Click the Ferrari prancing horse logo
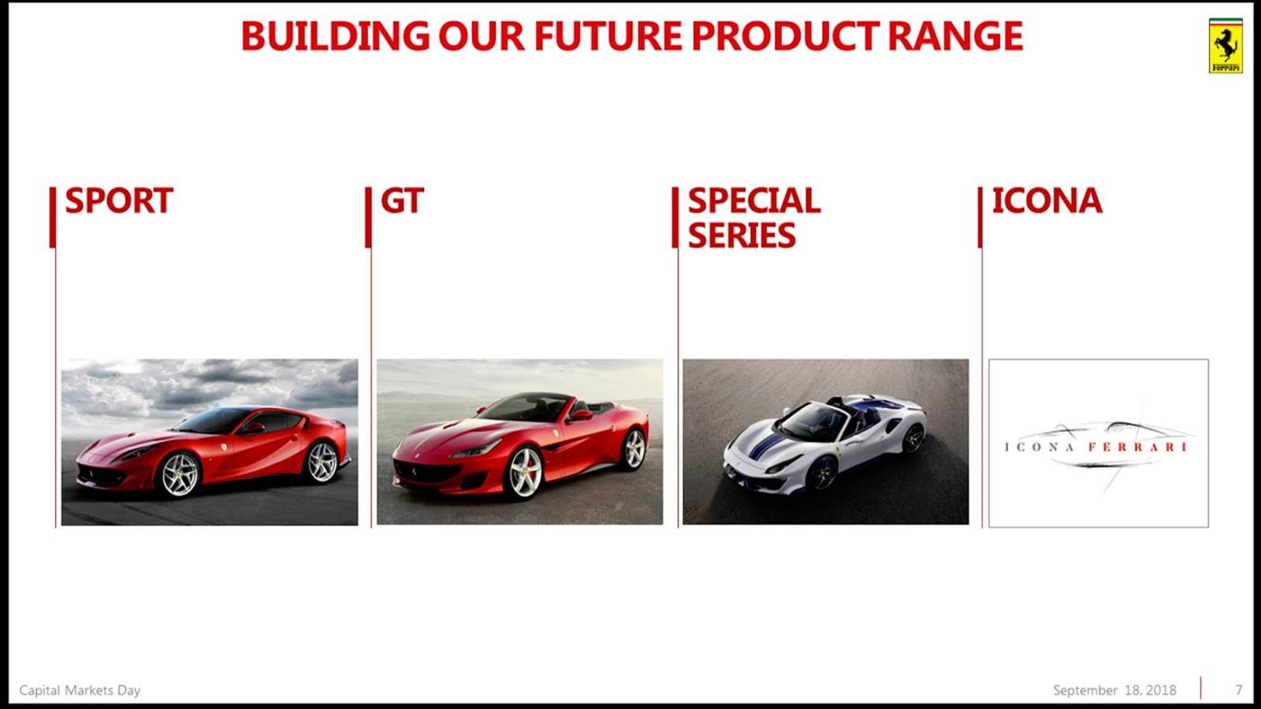point(1226,46)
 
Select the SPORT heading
point(119,201)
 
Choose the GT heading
point(402,201)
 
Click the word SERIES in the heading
point(742,236)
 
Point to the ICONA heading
point(1047,201)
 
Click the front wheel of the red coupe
point(180,475)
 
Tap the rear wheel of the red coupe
point(322,462)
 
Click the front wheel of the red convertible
point(524,473)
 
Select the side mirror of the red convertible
point(580,415)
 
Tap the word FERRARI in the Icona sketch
point(1136,447)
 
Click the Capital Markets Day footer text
point(80,690)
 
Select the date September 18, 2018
point(1114,690)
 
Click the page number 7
point(1238,690)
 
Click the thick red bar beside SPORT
point(53,217)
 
